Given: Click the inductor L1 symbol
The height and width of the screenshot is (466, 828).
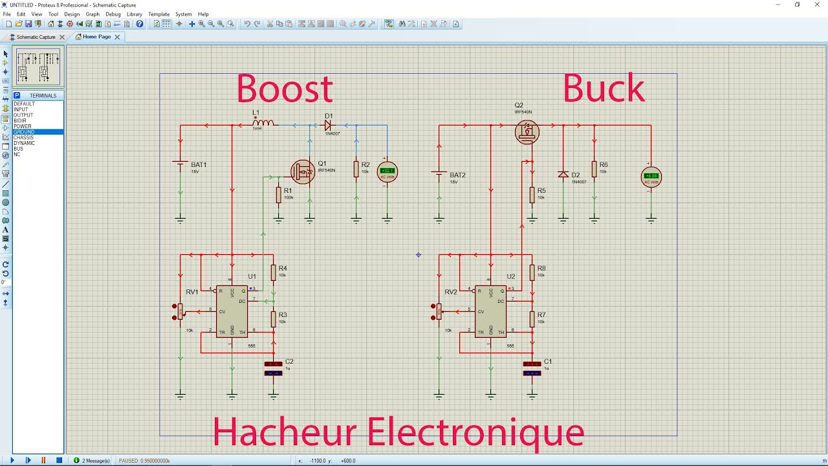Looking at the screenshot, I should (263, 122).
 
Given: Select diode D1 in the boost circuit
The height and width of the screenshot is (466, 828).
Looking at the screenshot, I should (329, 126).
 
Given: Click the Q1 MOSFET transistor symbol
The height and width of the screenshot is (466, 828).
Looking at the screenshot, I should (301, 172).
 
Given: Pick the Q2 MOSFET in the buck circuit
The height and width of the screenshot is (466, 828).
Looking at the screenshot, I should (527, 133).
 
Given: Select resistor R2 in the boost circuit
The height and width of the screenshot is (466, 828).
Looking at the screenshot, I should (356, 169).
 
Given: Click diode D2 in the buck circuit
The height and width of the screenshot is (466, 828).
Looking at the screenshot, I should (563, 175).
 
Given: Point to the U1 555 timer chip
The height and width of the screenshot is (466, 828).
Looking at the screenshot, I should (232, 311).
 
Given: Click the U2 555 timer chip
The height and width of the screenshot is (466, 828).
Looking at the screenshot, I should (490, 311).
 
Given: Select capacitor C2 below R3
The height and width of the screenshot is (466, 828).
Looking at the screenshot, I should (274, 368).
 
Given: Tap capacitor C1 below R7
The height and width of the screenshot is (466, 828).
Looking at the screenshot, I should (532, 368).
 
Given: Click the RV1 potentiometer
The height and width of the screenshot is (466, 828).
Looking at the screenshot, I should (180, 311).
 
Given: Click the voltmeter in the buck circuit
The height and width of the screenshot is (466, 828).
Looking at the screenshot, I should (651, 177).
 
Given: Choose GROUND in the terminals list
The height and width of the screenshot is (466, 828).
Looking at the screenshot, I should (25, 132).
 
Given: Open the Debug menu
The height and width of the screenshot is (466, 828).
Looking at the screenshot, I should (113, 14).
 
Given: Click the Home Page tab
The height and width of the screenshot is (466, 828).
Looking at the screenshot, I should (96, 37).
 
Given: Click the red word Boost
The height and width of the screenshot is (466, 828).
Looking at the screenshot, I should (284, 89).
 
